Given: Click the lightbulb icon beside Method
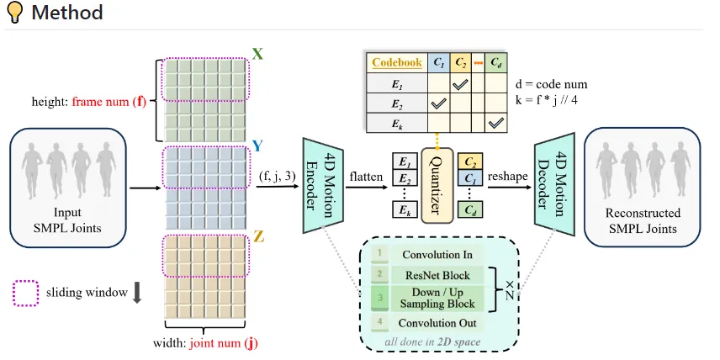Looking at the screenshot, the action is (x=14, y=13).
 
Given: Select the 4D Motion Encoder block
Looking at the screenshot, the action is (x=323, y=184).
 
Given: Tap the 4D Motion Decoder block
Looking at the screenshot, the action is (x=554, y=184).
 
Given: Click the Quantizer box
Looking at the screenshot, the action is (x=437, y=184).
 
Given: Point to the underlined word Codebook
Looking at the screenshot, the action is (x=397, y=62).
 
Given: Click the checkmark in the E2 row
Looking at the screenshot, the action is (x=438, y=104).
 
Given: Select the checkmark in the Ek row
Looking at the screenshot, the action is (x=496, y=123).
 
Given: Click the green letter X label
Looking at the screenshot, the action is (x=258, y=54).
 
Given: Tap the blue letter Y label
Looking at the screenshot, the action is (x=258, y=146).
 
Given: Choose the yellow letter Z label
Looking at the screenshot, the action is (x=258, y=238).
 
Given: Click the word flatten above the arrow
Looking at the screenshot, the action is (x=366, y=176).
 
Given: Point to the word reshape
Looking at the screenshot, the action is (x=507, y=177).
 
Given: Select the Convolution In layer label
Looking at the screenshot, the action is (x=437, y=255).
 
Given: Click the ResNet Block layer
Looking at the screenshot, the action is (x=437, y=276).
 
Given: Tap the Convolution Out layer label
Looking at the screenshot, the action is (x=437, y=323).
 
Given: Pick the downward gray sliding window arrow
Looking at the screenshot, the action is (x=136, y=294).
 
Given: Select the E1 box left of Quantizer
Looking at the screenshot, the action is (x=405, y=161).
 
